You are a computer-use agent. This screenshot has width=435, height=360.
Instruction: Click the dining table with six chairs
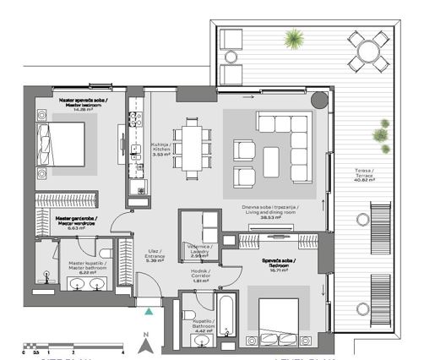pyautogui.click(x=194, y=144)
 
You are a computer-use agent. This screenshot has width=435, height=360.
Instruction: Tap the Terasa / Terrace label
pyautogui.click(x=367, y=176)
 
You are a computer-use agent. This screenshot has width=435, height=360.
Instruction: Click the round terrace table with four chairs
pyautogui.click(x=363, y=52)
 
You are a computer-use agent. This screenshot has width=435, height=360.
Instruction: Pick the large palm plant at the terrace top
pyautogui.click(x=294, y=38)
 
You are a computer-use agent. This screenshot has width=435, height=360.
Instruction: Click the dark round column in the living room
pyautogui.click(x=318, y=101)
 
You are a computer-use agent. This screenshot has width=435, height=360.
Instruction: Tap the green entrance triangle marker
pyautogui.click(x=149, y=312)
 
